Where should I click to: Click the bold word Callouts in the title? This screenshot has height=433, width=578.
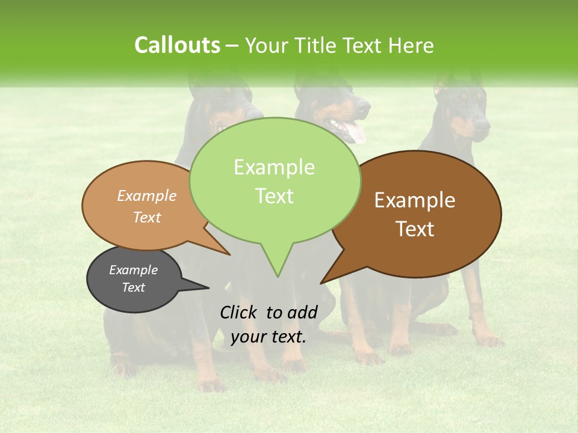click(x=177, y=45)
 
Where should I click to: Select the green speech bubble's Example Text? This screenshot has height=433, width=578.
click(x=275, y=182)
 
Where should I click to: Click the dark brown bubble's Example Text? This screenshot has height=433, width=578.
click(x=415, y=215)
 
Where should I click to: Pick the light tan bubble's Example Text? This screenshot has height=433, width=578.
click(x=147, y=206)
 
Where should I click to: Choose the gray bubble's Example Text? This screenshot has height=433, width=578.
click(x=134, y=278)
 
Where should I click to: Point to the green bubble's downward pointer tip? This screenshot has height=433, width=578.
click(x=278, y=277)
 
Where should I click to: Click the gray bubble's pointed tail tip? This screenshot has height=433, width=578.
click(x=208, y=287)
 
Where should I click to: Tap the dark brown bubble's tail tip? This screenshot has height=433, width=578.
click(x=322, y=283)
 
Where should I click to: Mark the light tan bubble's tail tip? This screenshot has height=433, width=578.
click(x=230, y=254)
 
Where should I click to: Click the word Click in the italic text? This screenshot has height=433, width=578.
click(x=239, y=312)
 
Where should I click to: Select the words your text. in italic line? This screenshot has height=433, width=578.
click(x=269, y=337)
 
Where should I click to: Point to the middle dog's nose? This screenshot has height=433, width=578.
click(x=365, y=106)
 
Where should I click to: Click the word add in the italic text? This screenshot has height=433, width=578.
click(x=302, y=312)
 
